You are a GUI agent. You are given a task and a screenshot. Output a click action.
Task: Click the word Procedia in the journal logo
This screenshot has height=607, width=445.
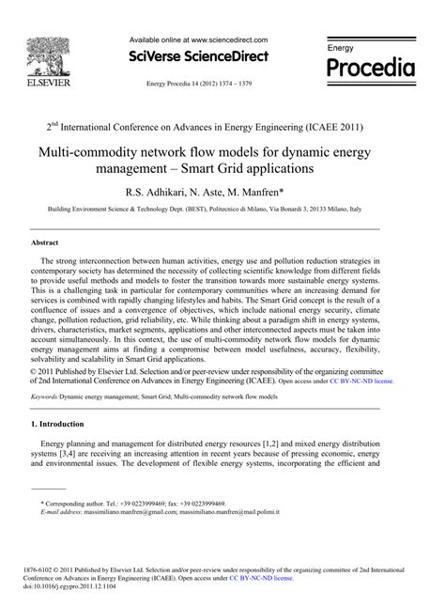tap(369, 69)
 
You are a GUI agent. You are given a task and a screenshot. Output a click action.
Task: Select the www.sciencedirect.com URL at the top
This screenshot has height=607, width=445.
tap(227, 40)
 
